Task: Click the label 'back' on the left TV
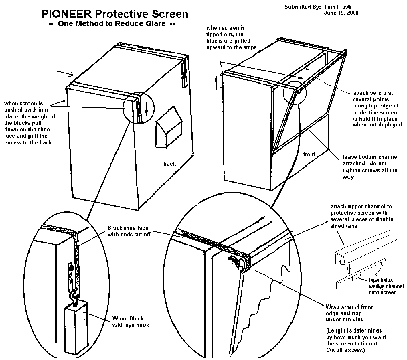click(169, 164)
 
